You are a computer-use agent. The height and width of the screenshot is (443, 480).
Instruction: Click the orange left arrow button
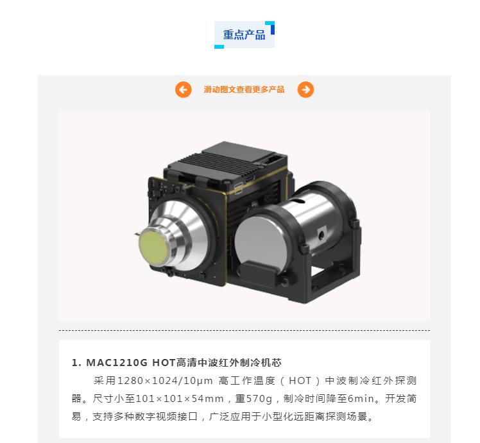point(184,90)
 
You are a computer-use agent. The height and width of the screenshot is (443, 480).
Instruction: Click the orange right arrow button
point(305,90)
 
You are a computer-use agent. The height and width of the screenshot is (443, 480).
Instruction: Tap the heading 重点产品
point(244,35)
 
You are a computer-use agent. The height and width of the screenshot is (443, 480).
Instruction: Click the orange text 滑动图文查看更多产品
point(244,90)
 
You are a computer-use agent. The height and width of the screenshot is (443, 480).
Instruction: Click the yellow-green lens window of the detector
point(153,247)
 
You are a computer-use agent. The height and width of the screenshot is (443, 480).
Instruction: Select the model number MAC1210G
point(117,363)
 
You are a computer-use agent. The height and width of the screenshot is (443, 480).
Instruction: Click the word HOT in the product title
point(164,363)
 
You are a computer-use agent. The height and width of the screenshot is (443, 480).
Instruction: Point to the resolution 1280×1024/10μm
point(165,381)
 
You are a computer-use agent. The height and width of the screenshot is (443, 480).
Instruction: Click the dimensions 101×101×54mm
point(180,399)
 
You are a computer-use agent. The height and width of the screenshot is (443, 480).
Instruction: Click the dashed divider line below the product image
point(244,330)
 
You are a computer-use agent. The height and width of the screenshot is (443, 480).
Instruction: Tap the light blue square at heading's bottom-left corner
point(219,46)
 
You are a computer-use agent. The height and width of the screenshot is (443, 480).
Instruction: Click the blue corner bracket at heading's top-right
point(270,27)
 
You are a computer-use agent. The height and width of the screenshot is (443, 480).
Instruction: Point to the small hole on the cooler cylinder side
point(321,235)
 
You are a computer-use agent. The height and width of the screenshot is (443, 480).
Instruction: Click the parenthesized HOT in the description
point(300,381)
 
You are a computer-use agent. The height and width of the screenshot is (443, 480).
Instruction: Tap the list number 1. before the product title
point(76,363)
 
